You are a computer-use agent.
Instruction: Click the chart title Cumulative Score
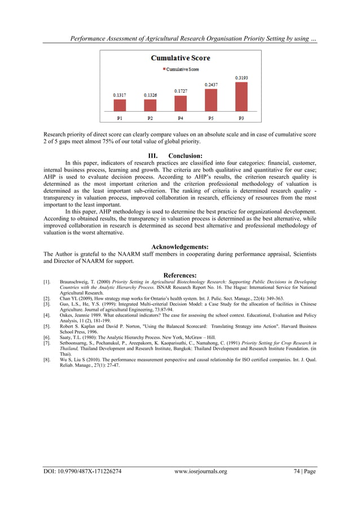tap(180, 58)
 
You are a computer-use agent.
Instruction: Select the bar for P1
tap(119, 105)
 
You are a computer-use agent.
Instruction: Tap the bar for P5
tap(210, 100)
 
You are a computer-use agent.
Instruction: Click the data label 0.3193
tap(241, 77)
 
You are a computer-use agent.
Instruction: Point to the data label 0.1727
tap(180, 91)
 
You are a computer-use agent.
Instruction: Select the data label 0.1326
tap(150, 95)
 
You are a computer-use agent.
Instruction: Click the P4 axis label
tap(180, 118)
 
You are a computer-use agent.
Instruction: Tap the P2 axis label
tap(150, 118)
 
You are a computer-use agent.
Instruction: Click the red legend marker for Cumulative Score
tap(164, 69)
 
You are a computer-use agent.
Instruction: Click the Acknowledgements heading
tap(180, 247)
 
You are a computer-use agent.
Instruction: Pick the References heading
tap(180, 275)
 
